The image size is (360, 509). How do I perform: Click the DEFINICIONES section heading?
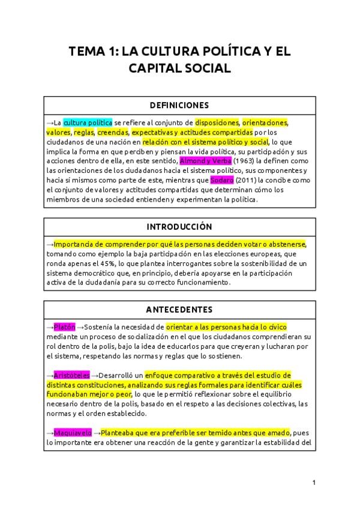pos(180,104)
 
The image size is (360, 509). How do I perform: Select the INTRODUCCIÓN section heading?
pos(180,227)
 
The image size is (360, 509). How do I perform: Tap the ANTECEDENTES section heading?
pos(180,310)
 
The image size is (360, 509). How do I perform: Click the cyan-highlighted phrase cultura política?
pos(88,122)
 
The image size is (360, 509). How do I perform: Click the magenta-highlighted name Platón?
pos(64,327)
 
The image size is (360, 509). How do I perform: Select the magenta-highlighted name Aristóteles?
pos(71,375)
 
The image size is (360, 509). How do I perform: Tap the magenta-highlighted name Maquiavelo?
pos(73,432)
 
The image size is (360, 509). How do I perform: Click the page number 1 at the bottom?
pos(314,483)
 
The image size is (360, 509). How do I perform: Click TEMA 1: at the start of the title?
pos(94,51)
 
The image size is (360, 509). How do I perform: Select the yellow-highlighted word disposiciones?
pos(217,122)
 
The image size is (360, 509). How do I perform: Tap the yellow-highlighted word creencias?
pos(113,132)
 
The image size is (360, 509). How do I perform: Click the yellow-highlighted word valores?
pos(58,132)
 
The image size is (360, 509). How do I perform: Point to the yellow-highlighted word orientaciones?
pos(265,122)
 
